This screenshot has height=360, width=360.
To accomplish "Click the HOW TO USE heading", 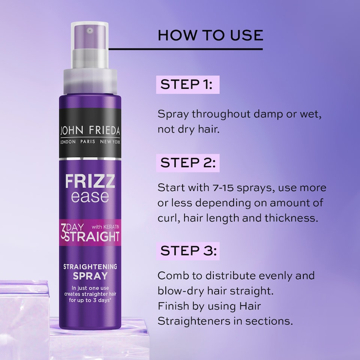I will [210, 35].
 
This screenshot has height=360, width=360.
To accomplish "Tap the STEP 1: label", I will [187, 84].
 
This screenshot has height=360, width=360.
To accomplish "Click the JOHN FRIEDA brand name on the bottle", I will [90, 131].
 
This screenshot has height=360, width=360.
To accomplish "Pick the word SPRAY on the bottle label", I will [90, 276].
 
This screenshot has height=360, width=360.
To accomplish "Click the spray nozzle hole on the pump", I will [89, 30].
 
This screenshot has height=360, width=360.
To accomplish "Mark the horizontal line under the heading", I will [186, 49].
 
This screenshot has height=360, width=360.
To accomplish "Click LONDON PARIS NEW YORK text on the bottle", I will [90, 141].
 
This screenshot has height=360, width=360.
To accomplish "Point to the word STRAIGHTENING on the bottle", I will [90, 267].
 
